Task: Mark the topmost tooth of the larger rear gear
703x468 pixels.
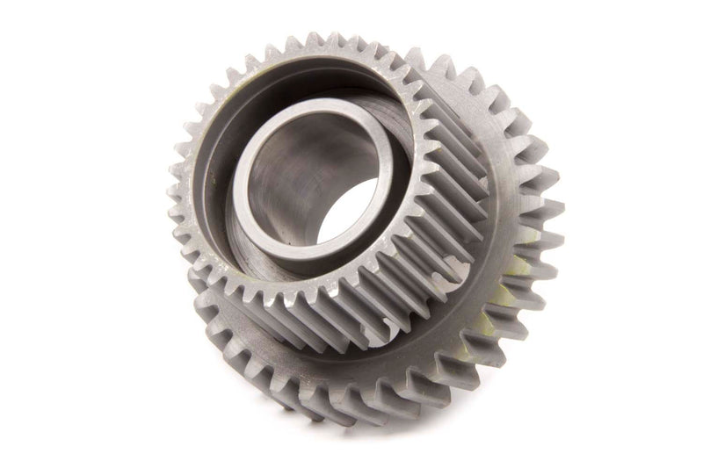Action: [x=439, y=61]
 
